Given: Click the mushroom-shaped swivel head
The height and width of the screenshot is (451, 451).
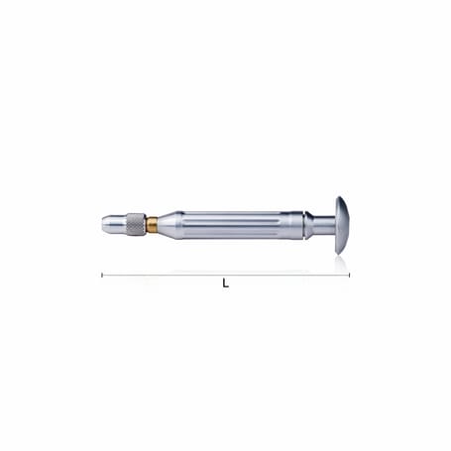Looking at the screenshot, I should pyautogui.click(x=341, y=225).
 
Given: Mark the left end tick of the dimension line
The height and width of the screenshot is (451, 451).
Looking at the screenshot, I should pyautogui.click(x=102, y=275).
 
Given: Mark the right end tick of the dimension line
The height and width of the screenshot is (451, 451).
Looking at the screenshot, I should pyautogui.click(x=349, y=275).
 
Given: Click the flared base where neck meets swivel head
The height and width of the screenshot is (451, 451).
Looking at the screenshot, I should pyautogui.click(x=331, y=225).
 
